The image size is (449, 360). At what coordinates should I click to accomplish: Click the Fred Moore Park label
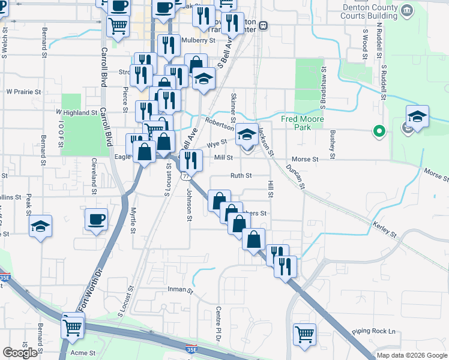click(x=303, y=124)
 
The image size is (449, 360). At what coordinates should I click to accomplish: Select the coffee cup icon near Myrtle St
click(x=97, y=220)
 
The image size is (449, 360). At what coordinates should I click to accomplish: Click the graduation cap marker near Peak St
click(x=40, y=226)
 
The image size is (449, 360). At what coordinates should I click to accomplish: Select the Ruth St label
click(x=241, y=176)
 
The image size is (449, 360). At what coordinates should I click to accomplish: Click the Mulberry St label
click(x=198, y=41)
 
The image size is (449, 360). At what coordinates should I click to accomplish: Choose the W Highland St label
click(x=77, y=112)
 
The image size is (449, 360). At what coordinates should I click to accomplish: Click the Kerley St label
click(x=384, y=228)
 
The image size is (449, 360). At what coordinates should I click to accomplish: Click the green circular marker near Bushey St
click(x=378, y=130)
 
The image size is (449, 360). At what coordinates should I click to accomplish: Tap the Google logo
click(x=20, y=353)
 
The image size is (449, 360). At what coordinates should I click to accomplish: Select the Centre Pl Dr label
click(x=218, y=323)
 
